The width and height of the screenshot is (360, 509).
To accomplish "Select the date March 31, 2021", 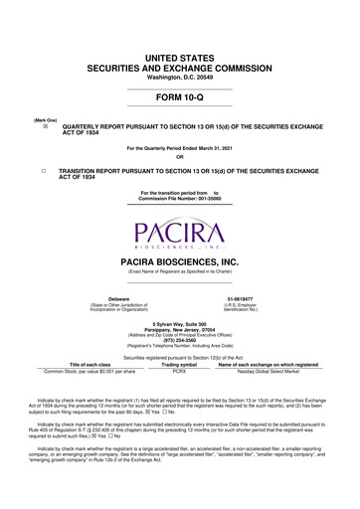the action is (x=218, y=148).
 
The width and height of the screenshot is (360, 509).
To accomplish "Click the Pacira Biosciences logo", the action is (x=180, y=235).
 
